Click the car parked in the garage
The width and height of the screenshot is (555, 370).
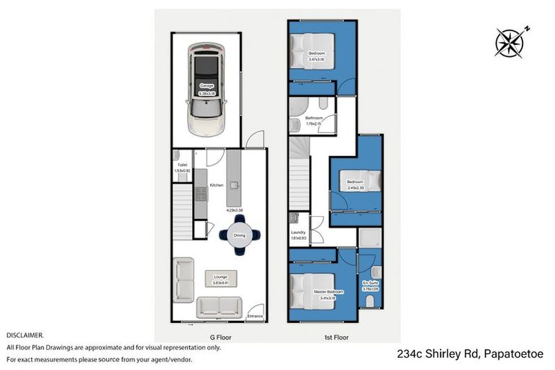pyautogui.click(x=206, y=88)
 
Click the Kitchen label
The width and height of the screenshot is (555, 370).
pyautogui.click(x=216, y=186)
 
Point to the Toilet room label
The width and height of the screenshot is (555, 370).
pyautogui.click(x=182, y=165)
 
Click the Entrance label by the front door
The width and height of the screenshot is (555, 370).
pyautogui.click(x=255, y=316)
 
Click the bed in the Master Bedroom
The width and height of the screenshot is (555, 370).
pyautogui.click(x=304, y=288)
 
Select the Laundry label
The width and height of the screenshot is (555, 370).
pyautogui.click(x=298, y=232)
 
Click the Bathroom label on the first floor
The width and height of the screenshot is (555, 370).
pyautogui.click(x=314, y=118)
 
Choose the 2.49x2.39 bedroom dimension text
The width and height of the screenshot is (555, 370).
pyautogui.click(x=354, y=187)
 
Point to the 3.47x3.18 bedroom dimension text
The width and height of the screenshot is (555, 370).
pyautogui.click(x=317, y=60)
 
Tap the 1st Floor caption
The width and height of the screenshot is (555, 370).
pyautogui.click(x=337, y=337)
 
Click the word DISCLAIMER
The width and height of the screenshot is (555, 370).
pyautogui.click(x=25, y=335)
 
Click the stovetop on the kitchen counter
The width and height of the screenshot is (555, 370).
pyautogui.click(x=199, y=194)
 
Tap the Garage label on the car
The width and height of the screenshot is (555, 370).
pyautogui.click(x=207, y=85)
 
